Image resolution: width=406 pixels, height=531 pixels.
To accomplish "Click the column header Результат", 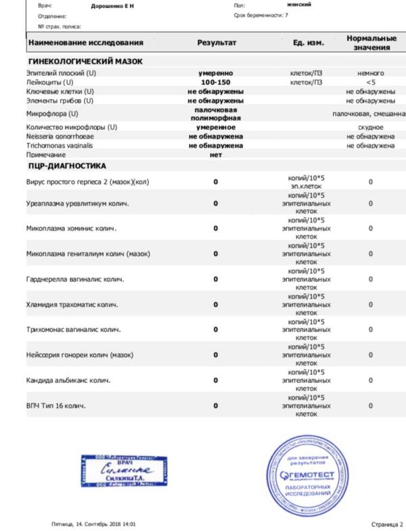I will (216, 42).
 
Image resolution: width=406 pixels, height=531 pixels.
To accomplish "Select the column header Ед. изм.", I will (309, 42).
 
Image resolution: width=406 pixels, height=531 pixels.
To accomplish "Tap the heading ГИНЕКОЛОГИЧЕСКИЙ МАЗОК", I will (84, 62).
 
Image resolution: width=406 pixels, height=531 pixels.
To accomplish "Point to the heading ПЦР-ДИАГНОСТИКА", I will (66, 165).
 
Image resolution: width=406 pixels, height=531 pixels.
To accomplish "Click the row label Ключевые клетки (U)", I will (60, 91).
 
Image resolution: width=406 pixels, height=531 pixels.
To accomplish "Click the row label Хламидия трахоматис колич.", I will (74, 304).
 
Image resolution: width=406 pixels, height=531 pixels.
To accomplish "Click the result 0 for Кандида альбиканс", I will (216, 380).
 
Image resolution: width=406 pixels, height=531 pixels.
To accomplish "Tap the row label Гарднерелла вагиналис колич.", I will (78, 279).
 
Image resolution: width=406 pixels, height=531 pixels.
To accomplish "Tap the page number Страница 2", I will (386, 524).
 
